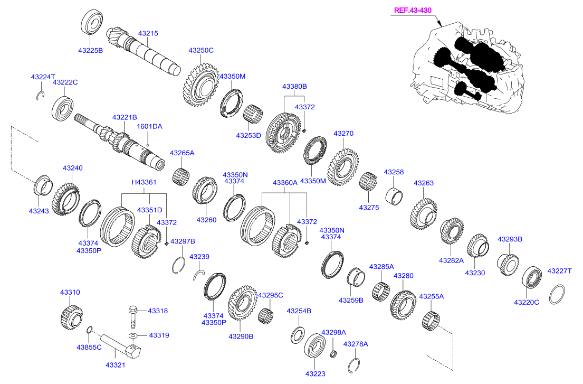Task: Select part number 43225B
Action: click(x=90, y=51)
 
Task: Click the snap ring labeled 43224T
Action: click(x=40, y=95)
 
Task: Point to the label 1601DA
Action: click(x=150, y=127)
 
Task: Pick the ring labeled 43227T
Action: click(x=558, y=294)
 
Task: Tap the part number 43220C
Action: click(x=526, y=302)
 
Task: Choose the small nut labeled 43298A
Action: click(x=333, y=353)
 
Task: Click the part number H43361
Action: click(x=144, y=182)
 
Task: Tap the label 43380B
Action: click(x=294, y=86)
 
